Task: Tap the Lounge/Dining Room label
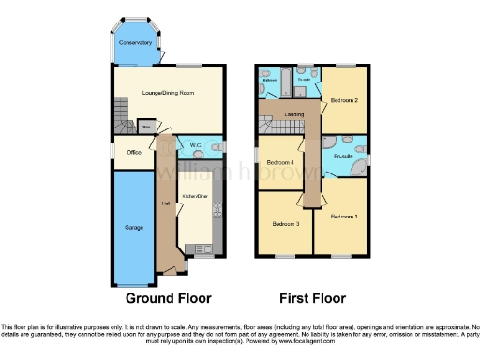pos(167,94)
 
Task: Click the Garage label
pos(134,227)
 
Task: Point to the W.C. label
pos(196,146)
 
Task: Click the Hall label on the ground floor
pos(164,203)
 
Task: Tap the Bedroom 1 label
pos(343,217)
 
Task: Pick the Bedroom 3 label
pos(285,224)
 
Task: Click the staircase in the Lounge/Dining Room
pos(120,116)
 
